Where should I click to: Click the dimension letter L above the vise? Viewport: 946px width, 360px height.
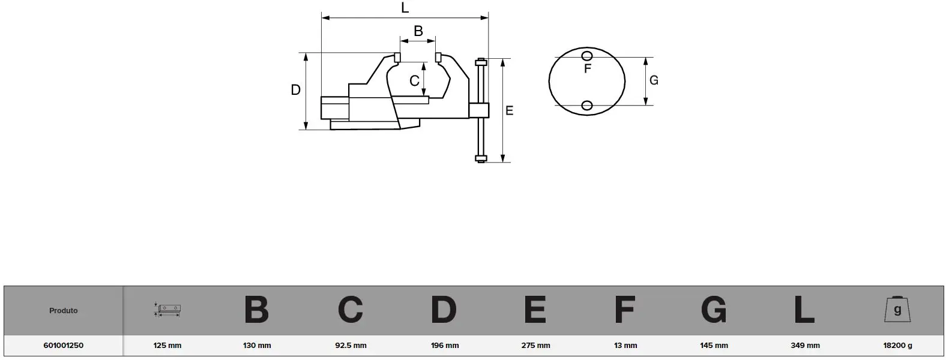click(405, 8)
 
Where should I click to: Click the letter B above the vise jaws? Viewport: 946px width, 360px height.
click(418, 31)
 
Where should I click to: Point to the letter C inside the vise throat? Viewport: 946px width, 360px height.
click(414, 80)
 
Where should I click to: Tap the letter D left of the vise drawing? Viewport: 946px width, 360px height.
click(295, 89)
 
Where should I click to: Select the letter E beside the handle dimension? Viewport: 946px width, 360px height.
click(510, 110)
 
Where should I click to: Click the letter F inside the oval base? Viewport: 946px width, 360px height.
click(588, 69)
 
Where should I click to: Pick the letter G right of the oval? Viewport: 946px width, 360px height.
click(654, 80)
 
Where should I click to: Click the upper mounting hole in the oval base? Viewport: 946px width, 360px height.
click(587, 56)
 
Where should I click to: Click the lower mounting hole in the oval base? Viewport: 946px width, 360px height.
click(587, 105)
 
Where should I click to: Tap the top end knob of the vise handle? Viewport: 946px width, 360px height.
click(481, 62)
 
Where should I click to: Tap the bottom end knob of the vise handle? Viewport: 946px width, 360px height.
click(481, 158)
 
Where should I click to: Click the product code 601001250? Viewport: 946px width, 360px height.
click(64, 345)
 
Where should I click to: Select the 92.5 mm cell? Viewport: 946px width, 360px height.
click(351, 345)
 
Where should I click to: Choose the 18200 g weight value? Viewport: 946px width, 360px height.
click(897, 345)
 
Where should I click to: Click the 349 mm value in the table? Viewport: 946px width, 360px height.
click(806, 345)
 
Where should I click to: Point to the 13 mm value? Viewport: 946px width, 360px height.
click(625, 345)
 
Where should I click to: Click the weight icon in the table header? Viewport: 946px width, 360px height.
click(897, 310)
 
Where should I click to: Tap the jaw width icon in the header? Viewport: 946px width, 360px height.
click(167, 310)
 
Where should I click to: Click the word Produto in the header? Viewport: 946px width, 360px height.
click(64, 311)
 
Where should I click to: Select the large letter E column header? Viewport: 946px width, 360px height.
click(535, 310)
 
